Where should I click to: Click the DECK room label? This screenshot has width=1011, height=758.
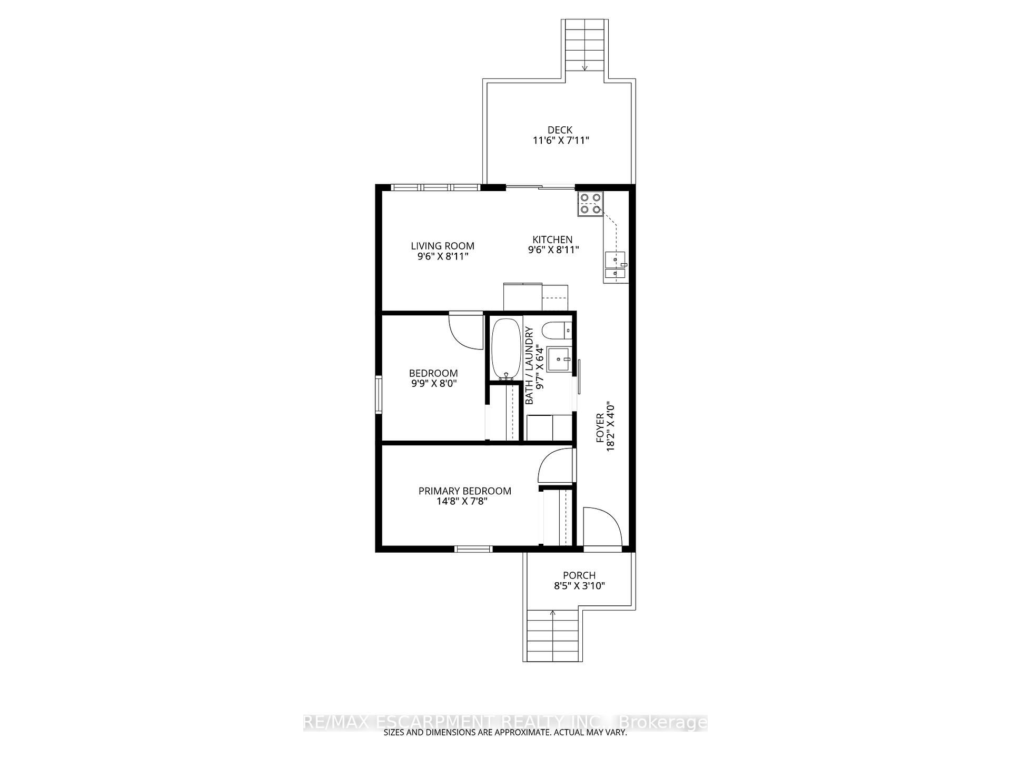click(x=560, y=130)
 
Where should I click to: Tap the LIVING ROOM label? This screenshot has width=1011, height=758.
click(x=442, y=246)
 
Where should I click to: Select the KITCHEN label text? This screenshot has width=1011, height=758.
click(x=552, y=240)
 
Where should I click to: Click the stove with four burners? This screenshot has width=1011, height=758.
click(x=590, y=204)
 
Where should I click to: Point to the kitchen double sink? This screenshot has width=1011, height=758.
click(x=616, y=266)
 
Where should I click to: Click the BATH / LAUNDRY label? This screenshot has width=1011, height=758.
click(x=529, y=366)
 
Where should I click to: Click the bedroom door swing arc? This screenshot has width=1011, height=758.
click(x=466, y=331)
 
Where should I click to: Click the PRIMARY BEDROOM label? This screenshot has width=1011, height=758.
click(x=465, y=491)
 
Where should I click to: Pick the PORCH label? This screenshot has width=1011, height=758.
click(x=579, y=575)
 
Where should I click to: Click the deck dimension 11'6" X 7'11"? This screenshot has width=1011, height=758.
click(x=561, y=141)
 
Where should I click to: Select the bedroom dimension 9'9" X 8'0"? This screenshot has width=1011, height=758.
click(x=433, y=384)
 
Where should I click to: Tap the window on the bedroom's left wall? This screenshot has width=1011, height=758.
click(x=379, y=394)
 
